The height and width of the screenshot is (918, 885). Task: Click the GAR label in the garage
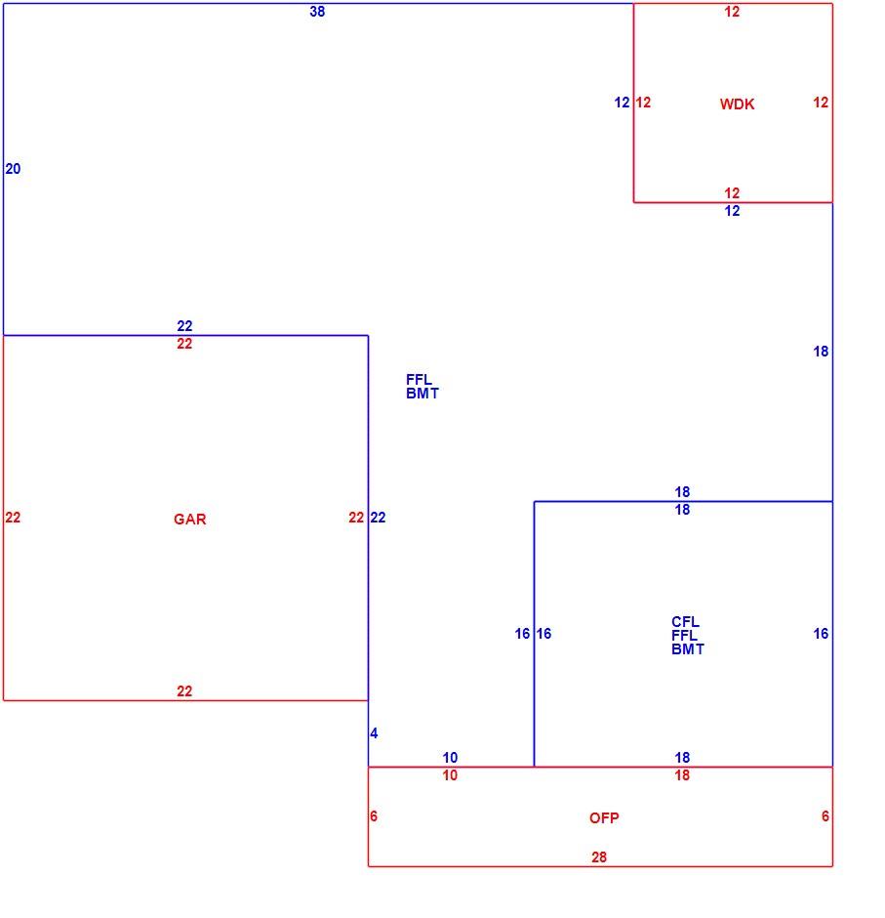click(189, 520)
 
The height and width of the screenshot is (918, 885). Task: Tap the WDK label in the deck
click(737, 104)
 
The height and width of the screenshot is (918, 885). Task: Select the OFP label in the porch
click(604, 817)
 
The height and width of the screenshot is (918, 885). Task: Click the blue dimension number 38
click(317, 12)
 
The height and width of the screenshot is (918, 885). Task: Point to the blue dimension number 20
click(13, 169)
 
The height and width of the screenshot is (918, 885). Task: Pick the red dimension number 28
click(599, 857)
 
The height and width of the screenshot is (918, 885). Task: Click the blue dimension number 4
click(374, 733)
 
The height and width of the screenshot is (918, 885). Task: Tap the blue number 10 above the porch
click(450, 758)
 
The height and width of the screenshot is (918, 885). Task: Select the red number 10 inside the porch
click(450, 775)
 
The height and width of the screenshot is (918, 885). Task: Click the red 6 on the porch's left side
click(374, 816)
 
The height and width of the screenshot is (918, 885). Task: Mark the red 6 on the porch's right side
click(825, 816)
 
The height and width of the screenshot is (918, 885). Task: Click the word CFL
click(685, 622)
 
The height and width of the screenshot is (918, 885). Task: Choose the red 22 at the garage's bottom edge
click(184, 691)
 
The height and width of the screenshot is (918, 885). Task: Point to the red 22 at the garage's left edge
click(13, 518)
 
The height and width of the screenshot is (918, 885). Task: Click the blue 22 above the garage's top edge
click(184, 326)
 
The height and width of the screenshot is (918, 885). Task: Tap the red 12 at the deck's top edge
click(732, 12)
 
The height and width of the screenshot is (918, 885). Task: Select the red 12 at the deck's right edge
click(821, 103)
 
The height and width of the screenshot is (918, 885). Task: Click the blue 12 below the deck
click(732, 211)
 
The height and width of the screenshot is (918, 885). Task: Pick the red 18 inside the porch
click(682, 775)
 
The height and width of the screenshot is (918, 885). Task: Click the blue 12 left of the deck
click(622, 103)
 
